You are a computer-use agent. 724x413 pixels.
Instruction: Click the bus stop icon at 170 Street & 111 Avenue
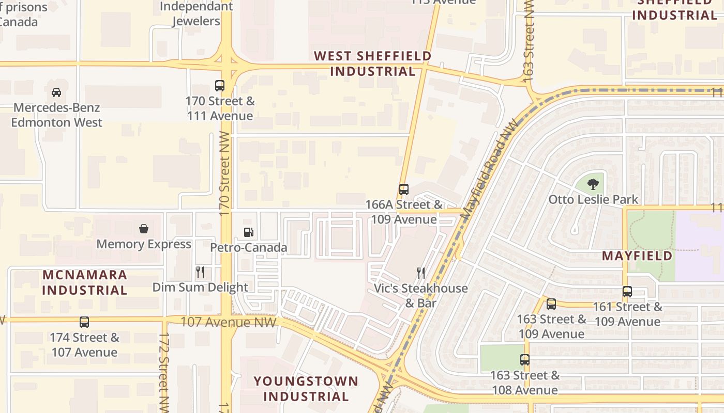tap(220, 86)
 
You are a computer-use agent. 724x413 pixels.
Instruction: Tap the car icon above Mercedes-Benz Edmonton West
tap(56, 92)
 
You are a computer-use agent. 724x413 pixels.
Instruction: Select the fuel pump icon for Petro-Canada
tap(249, 232)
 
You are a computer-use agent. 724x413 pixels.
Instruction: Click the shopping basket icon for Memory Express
tap(144, 229)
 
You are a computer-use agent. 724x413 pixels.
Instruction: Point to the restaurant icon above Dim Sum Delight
tap(200, 272)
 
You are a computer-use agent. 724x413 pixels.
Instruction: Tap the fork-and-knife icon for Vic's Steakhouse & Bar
tap(421, 273)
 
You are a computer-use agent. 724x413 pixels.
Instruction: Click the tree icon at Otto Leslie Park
tap(593, 184)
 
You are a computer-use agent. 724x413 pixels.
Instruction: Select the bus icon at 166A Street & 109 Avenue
tap(404, 189)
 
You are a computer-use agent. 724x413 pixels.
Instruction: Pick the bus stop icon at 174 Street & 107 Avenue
tap(84, 322)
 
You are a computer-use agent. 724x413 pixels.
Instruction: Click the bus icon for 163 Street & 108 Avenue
tap(525, 360)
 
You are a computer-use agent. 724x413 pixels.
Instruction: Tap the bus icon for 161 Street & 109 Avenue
tap(627, 292)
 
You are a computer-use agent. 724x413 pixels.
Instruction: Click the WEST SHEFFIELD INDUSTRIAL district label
tap(373, 63)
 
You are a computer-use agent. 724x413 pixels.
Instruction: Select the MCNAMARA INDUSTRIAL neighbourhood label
tap(85, 282)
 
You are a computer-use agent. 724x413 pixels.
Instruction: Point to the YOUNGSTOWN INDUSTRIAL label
tap(306, 389)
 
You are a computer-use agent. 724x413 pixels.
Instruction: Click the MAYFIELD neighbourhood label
tap(637, 256)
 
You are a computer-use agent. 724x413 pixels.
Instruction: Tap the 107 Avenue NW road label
tap(228, 322)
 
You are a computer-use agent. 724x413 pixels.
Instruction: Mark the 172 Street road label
tap(164, 372)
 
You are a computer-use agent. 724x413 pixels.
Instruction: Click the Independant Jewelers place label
tap(196, 14)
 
